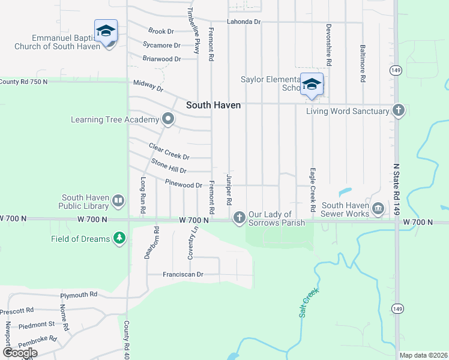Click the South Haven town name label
213,105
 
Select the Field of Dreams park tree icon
119,239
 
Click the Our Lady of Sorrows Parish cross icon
240,216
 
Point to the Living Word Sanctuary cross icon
398,110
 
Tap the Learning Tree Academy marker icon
168,119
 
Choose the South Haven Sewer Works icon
378,209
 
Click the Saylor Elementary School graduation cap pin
312,85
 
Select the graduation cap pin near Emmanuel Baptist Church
106,31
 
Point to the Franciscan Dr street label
183,274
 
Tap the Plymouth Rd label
79,295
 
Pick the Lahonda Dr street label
244,22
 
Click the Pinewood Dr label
184,185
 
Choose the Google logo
20,353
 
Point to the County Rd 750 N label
24,82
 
